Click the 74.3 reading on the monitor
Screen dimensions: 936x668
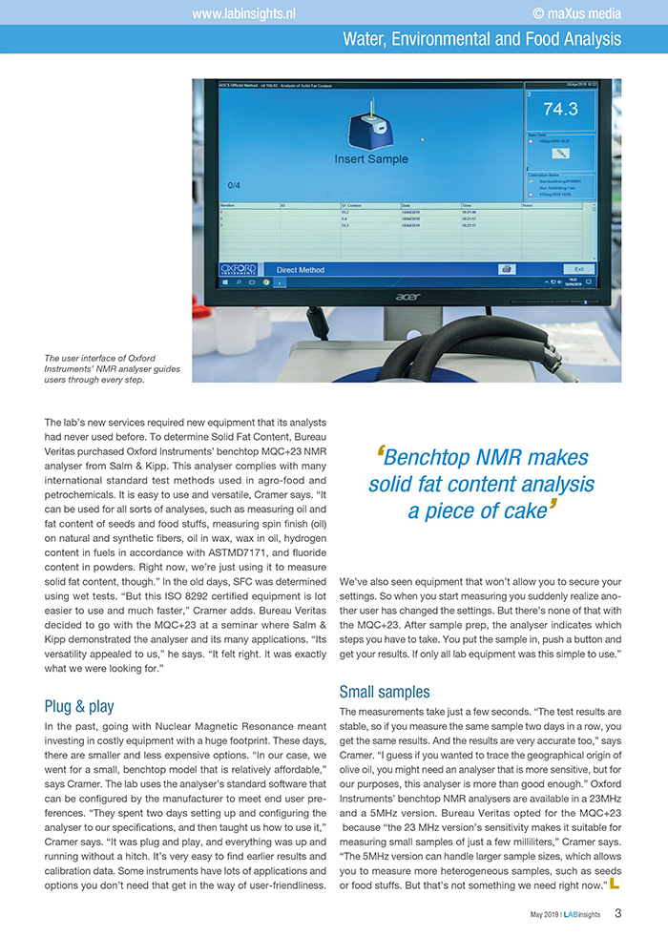pyautogui.click(x=560, y=109)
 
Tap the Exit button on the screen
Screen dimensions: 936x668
pyautogui.click(x=577, y=269)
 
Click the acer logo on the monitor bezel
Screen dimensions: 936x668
pyautogui.click(x=408, y=297)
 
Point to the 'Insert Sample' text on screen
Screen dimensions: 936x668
pyautogui.click(x=370, y=159)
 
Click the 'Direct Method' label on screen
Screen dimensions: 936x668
pyautogui.click(x=300, y=270)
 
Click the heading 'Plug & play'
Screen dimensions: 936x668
pyautogui.click(x=79, y=707)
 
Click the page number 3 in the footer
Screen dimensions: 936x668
pyautogui.click(x=618, y=913)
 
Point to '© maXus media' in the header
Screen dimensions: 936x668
pyautogui.click(x=576, y=13)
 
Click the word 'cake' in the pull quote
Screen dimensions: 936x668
pyautogui.click(x=523, y=511)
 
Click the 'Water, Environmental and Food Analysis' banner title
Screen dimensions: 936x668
pyautogui.click(x=482, y=39)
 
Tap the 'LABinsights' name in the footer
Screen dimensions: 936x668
pyautogui.click(x=584, y=915)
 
